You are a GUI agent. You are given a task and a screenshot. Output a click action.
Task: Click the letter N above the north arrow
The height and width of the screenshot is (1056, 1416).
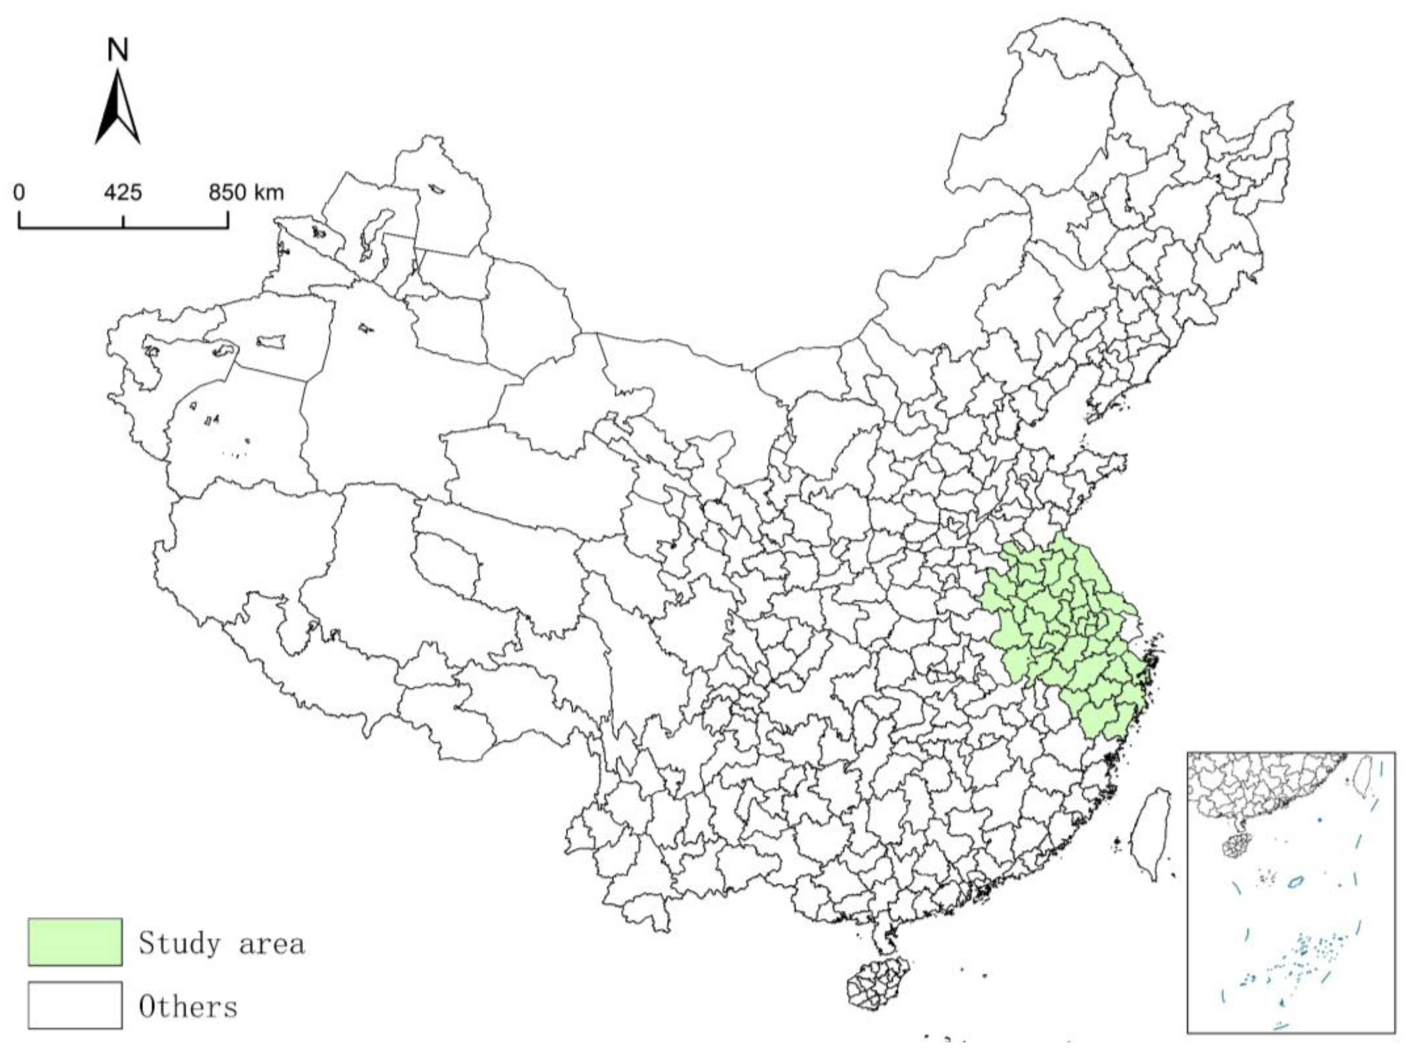pos(118,50)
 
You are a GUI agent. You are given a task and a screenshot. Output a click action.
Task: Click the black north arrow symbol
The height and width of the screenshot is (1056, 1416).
pos(118,109)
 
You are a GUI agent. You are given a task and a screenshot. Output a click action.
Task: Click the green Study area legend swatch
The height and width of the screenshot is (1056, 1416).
pos(75,942)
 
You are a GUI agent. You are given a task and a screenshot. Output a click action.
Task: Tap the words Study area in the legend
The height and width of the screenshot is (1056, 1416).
pos(221,943)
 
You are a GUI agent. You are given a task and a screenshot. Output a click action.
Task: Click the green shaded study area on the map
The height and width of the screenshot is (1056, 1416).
pos(1062,633)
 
